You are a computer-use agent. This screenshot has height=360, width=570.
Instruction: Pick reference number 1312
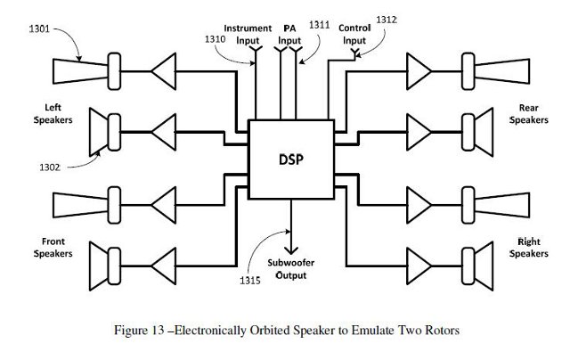387,20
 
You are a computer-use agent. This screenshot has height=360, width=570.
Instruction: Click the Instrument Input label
248,35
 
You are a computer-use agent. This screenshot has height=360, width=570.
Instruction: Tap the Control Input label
354,34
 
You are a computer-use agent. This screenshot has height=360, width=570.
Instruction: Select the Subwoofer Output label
290,269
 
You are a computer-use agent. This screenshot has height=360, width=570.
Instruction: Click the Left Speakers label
53,114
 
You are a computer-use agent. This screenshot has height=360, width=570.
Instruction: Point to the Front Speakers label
53,247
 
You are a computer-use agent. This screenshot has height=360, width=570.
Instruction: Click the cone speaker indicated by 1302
106,134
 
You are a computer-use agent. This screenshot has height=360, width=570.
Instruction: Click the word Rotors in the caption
437,331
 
